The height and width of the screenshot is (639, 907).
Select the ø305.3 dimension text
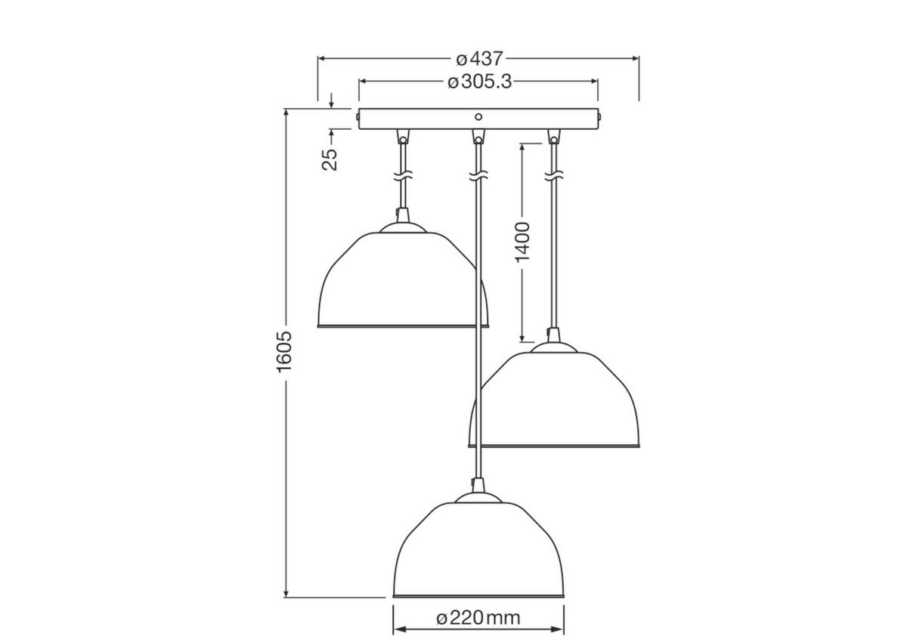pyautogui.click(x=479, y=82)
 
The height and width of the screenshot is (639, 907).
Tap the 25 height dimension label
pyautogui.click(x=330, y=159)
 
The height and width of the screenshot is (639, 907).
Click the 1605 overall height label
pyautogui.click(x=284, y=352)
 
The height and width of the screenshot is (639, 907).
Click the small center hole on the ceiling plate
pyautogui.click(x=478, y=117)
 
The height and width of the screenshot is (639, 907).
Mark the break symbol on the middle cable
pyautogui.click(x=478, y=176)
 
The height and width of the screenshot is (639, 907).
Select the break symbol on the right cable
pyautogui.click(x=554, y=176)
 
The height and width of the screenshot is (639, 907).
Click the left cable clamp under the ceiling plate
pyautogui.click(x=403, y=137)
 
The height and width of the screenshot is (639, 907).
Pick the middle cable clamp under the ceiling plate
pyautogui.click(x=478, y=137)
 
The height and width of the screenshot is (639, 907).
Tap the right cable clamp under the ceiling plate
pyautogui.click(x=554, y=137)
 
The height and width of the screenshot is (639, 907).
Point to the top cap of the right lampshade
pyautogui.click(x=554, y=344)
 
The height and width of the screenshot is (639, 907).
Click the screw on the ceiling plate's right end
pyautogui.click(x=600, y=119)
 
